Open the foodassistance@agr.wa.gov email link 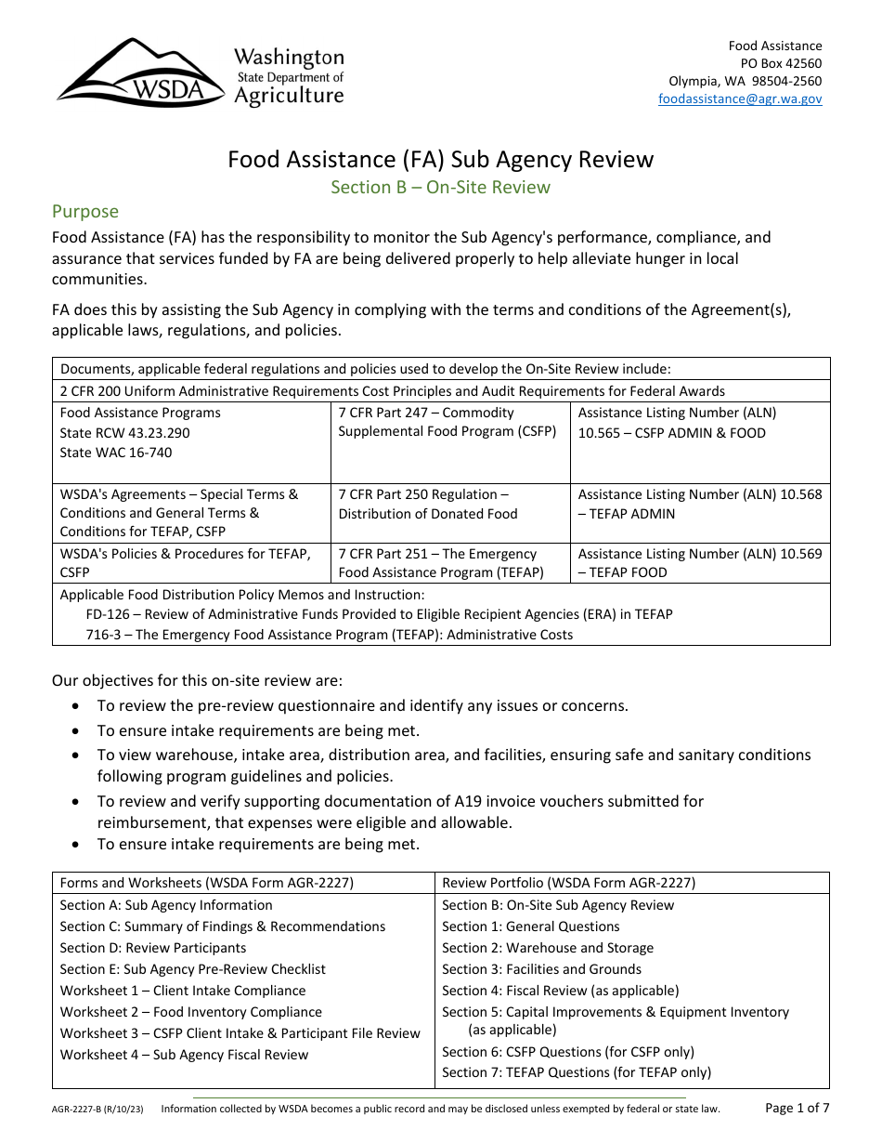[740, 99]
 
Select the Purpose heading [85, 212]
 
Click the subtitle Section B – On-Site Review [441, 188]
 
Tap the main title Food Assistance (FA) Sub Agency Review [441, 160]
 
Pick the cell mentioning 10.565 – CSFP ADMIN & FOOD [672, 433]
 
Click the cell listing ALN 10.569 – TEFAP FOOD [700, 563]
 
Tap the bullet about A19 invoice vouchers [400, 811]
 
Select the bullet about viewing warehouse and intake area [454, 765]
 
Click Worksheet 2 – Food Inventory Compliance [191, 1012]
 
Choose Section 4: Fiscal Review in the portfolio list [560, 991]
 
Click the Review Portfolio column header [568, 883]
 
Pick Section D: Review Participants [153, 948]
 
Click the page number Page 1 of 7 [797, 1108]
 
